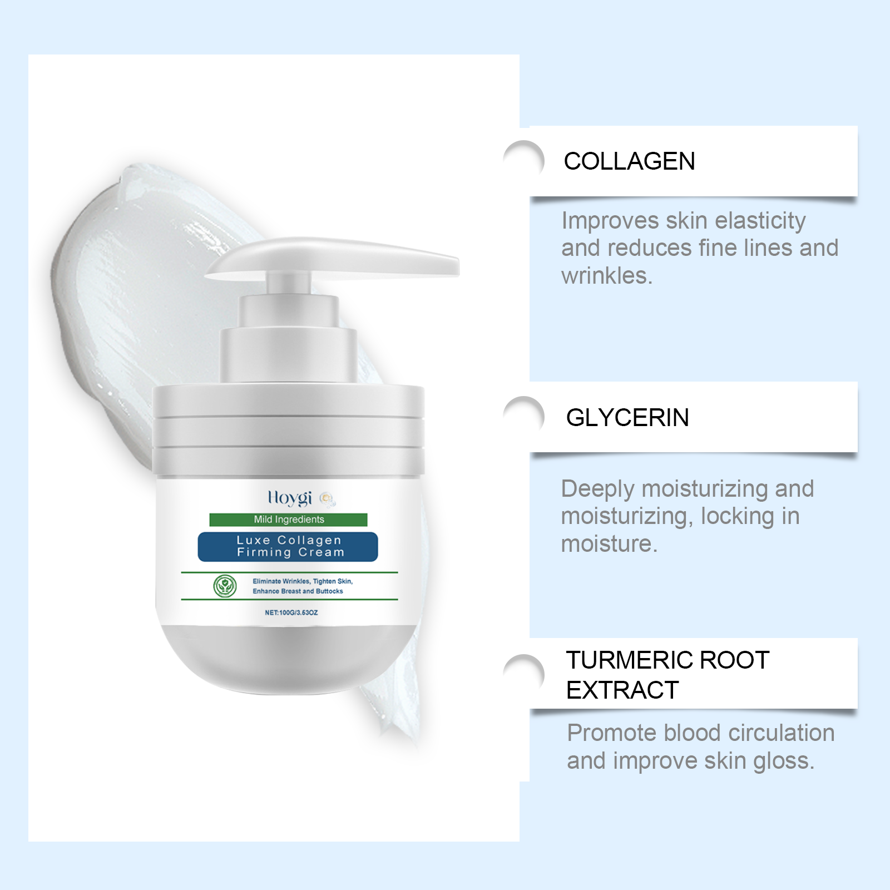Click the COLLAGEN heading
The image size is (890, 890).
[629, 161]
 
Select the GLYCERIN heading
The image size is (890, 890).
[627, 418]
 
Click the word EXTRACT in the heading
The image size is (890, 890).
[622, 690]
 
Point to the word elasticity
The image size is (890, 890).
[760, 221]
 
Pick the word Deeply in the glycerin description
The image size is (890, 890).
[598, 489]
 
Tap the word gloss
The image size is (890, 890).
[783, 762]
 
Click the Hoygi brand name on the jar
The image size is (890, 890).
[290, 497]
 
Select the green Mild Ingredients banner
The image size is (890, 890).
[289, 520]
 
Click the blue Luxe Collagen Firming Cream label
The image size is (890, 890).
[288, 547]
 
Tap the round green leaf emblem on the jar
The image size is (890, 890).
[225, 586]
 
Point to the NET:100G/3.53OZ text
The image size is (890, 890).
[291, 612]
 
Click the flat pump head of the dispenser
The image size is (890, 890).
[333, 258]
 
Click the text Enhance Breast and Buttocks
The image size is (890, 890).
[298, 591]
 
